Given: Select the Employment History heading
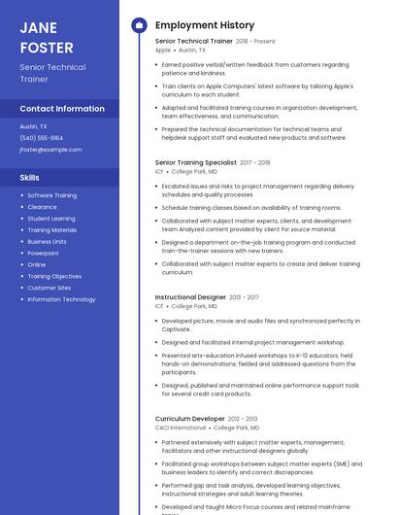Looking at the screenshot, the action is point(204,25).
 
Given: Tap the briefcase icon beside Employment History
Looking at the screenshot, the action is point(139,25).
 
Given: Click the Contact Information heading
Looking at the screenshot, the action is point(62,109).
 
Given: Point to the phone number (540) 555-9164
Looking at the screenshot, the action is point(42,138).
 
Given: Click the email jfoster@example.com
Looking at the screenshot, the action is point(50,150).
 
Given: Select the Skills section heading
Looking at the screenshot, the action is point(30,178).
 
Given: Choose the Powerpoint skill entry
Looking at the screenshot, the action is point(43,253).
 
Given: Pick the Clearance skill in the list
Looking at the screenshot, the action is point(42,207).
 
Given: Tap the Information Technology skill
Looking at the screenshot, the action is point(61,299).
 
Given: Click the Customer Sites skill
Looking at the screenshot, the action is point(49,288).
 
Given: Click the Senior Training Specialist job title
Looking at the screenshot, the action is point(195,162).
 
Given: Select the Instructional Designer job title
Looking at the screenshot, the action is point(190,297).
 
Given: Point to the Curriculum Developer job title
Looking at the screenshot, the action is point(189,419).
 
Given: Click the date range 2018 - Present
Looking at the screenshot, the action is point(255,42).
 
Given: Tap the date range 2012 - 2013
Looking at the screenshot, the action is point(243,419).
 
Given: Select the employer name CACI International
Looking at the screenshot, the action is point(181,428).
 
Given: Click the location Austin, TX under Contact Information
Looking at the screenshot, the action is point(34,126).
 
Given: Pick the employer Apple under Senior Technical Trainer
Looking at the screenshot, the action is point(162,50).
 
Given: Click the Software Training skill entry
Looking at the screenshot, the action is point(51,195).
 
